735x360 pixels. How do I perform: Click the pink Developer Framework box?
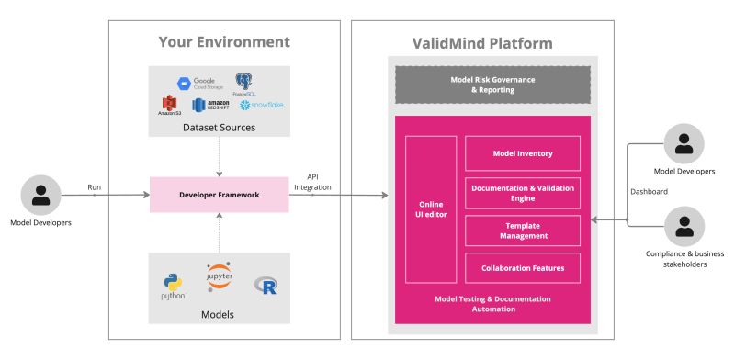pyautogui.click(x=219, y=195)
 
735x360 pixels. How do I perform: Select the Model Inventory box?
pyautogui.click(x=523, y=153)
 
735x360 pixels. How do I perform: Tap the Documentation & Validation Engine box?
pyautogui.click(x=523, y=193)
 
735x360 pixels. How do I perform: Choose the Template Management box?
pyautogui.click(x=523, y=231)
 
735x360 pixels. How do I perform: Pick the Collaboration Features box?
pyautogui.click(x=523, y=267)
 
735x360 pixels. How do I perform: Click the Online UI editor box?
pyautogui.click(x=431, y=208)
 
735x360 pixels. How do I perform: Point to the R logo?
pyautogui.click(x=267, y=286)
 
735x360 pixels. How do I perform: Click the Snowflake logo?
pyautogui.click(x=261, y=106)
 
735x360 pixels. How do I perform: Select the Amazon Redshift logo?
pyautogui.click(x=210, y=107)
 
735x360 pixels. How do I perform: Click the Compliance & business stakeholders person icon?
pyautogui.click(x=684, y=226)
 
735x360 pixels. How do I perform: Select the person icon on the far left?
pyautogui.click(x=40, y=195)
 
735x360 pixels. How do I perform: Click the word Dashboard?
pyautogui.click(x=649, y=192)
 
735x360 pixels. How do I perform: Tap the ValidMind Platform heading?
pyautogui.click(x=481, y=43)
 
